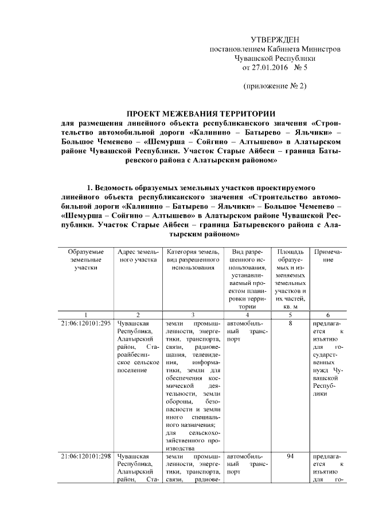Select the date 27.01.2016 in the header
268,68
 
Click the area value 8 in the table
291,323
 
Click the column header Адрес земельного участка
138,256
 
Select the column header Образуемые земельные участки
85,260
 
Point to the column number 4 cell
247,315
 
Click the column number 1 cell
85,315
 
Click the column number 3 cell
192,315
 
